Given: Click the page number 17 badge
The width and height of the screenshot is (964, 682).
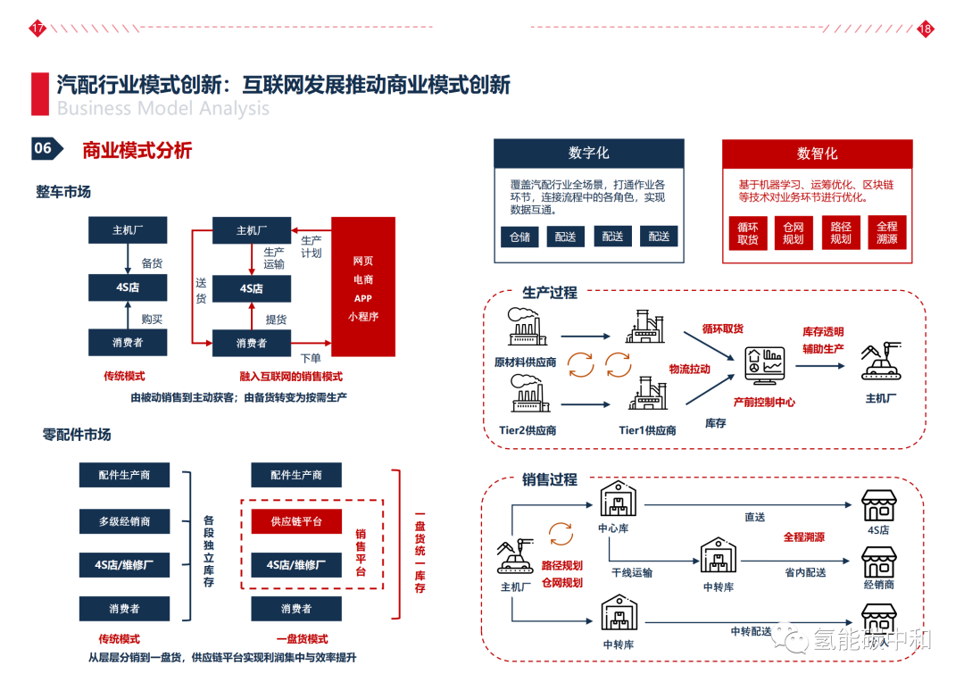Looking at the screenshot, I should tap(37, 29).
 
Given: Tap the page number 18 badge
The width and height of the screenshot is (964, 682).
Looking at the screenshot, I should tap(925, 29).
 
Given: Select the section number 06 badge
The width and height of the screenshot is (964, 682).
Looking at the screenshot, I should tap(45, 149).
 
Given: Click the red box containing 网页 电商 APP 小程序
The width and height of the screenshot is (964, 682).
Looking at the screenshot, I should tap(362, 287).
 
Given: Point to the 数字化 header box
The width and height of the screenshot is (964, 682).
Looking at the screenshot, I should tap(589, 154).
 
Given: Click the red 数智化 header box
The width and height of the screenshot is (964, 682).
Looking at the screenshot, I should tap(817, 154).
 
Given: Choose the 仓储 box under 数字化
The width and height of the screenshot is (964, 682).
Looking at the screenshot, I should tap(519, 237).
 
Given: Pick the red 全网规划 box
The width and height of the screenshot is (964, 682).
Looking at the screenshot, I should tap(793, 233).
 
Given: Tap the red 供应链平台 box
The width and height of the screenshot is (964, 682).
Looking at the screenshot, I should tap(296, 521).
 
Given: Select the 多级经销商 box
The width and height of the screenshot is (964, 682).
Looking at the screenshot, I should tap(124, 521).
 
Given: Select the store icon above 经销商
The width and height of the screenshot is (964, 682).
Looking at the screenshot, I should tap(878, 562).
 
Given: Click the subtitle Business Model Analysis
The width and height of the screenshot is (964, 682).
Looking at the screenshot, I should tap(162, 109).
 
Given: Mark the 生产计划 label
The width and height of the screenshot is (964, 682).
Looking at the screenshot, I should tap(312, 246).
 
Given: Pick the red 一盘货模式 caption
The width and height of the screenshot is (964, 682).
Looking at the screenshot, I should tap(301, 639).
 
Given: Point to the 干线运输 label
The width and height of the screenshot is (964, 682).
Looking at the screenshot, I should tap(631, 572).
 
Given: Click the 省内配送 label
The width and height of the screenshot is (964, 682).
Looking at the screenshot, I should tap(805, 572).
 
